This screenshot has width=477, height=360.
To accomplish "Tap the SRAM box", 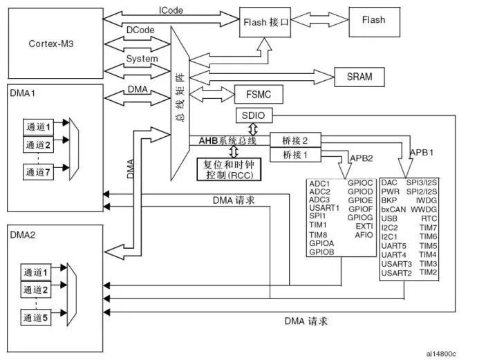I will (x=359, y=77).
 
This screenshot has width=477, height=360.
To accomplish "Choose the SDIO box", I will (x=251, y=115).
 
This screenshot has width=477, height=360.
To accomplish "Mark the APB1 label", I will (x=423, y=151).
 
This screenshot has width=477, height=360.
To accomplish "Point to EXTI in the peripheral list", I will (x=363, y=226).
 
